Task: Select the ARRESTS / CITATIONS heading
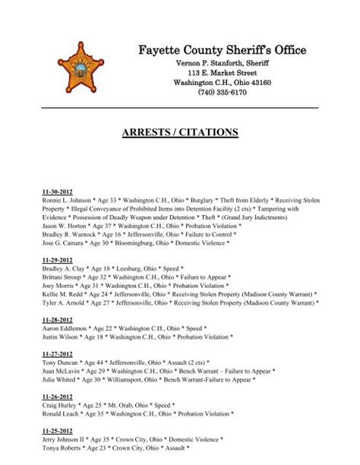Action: [179, 132]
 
